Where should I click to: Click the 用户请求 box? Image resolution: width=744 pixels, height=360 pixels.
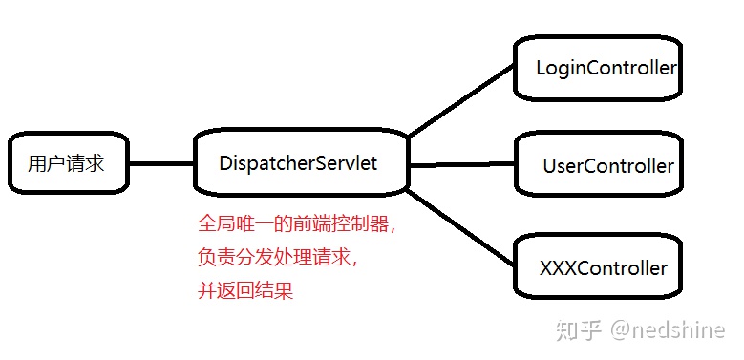pos(67,163)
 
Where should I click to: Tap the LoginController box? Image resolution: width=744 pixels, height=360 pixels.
pos(597,68)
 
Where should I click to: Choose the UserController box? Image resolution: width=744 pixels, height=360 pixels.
pos(598,165)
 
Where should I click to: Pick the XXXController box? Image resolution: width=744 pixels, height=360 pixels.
pos(598,267)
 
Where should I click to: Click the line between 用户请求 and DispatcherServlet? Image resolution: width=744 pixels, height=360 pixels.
pos(160,163)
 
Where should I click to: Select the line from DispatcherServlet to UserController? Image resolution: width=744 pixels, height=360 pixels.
pos(461,163)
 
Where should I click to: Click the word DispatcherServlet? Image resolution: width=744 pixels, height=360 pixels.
pos(298,163)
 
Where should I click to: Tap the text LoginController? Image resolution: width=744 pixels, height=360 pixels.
pos(606,68)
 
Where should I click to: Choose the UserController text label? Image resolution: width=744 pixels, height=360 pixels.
pos(608,166)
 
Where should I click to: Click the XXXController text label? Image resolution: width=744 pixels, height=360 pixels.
pos(604,268)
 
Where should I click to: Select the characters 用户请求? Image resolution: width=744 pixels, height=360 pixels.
pos(66,163)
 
